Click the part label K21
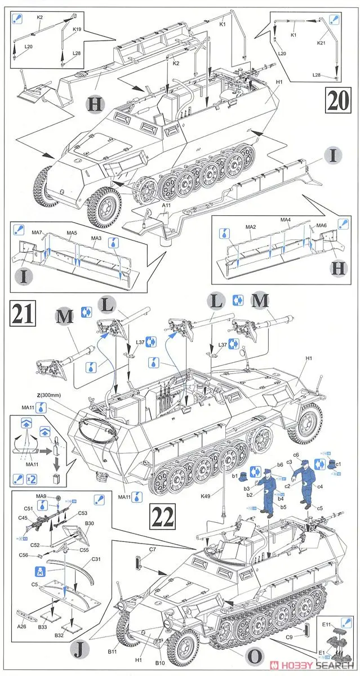tap(321, 43)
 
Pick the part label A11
tap(166, 206)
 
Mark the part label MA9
tap(41, 496)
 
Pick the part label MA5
tap(72, 232)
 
